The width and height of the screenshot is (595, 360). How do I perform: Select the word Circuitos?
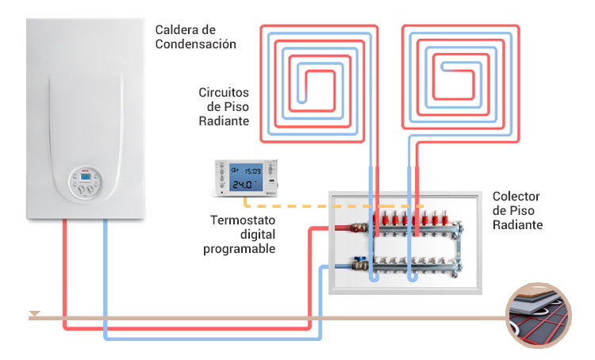(225, 92)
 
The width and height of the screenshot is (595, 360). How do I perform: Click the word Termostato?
(243, 220)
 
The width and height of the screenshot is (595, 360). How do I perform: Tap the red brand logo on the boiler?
(84, 170)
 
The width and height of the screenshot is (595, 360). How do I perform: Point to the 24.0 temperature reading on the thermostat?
(242, 185)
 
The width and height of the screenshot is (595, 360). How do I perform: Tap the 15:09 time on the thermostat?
(251, 170)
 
